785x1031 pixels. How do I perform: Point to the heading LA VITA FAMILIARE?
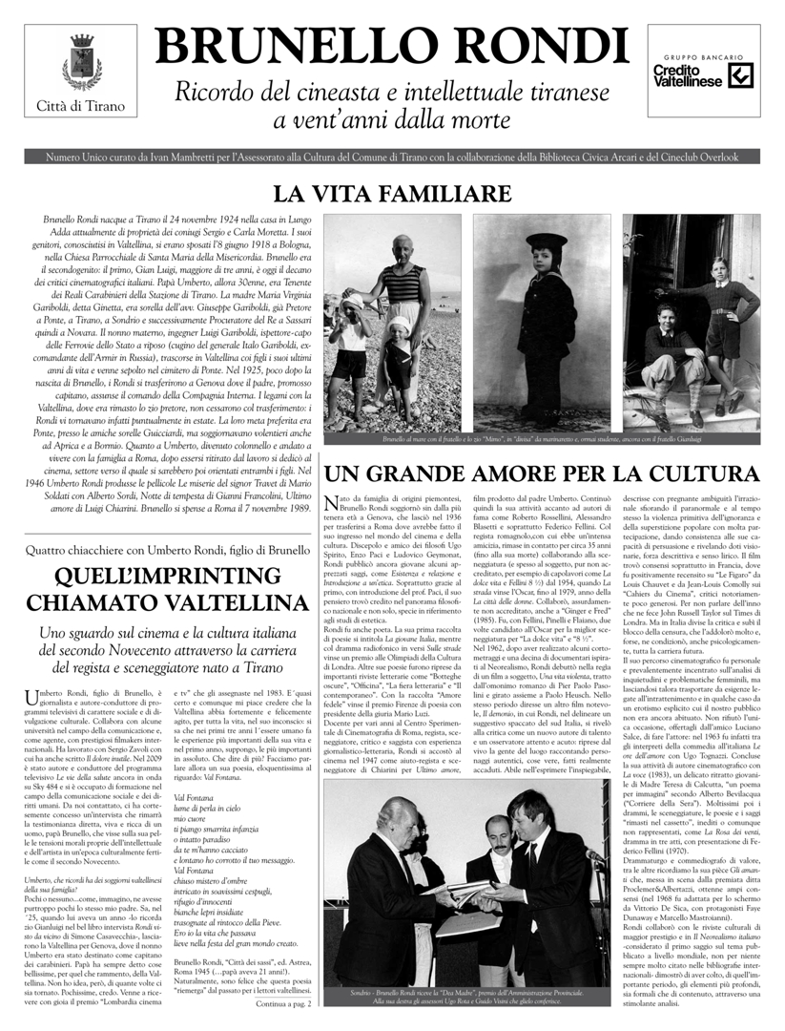click(x=391, y=193)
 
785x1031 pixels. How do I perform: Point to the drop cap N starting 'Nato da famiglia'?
click(x=333, y=503)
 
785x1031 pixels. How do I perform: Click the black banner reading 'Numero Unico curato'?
click(x=392, y=157)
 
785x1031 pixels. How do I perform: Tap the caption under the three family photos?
click(x=542, y=440)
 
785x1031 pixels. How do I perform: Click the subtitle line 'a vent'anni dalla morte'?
click(x=391, y=121)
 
